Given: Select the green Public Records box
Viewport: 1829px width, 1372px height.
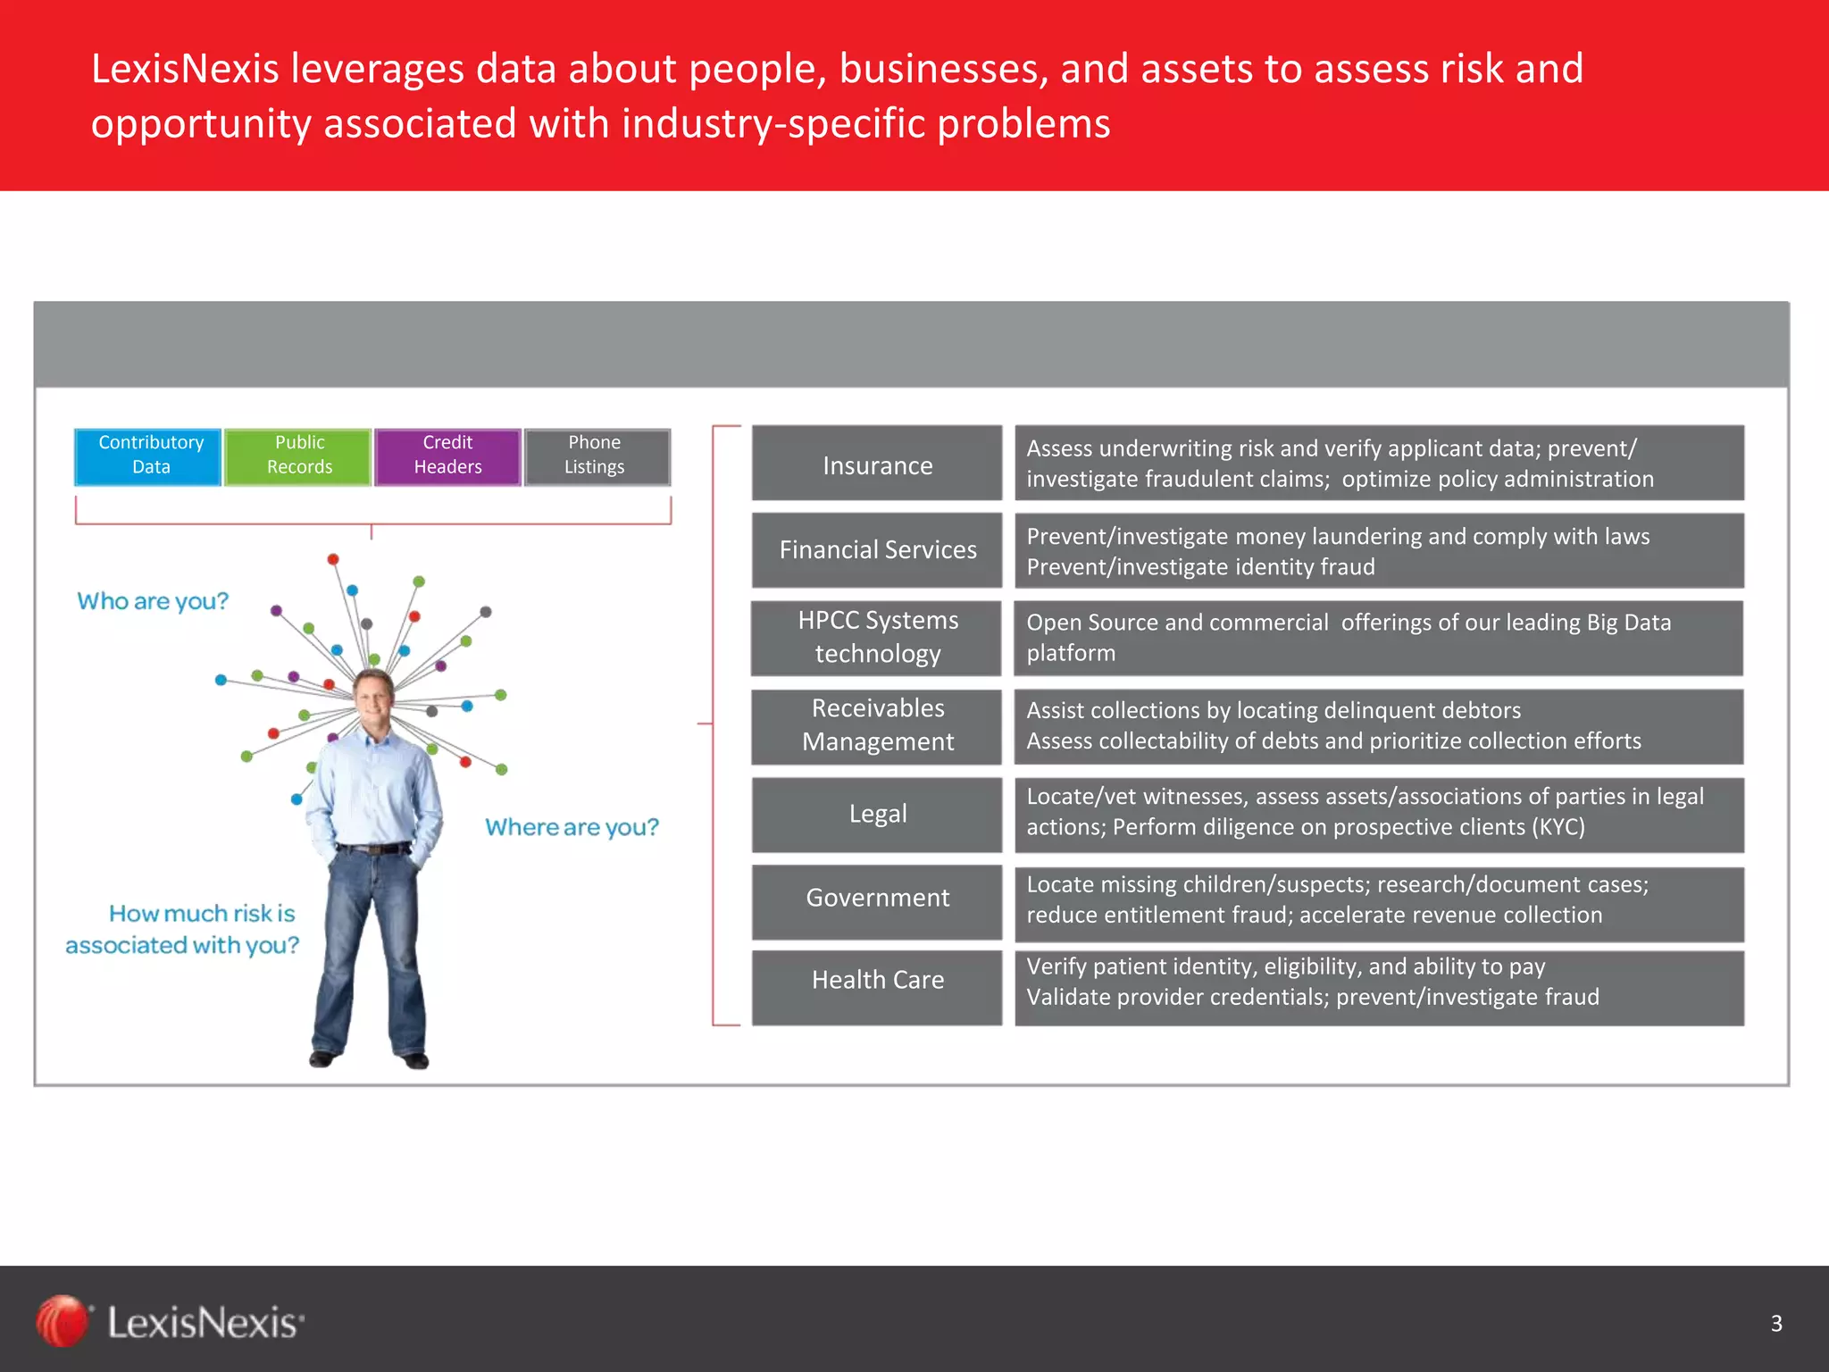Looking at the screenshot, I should (298, 456).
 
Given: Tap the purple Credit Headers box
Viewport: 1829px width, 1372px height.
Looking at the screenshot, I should (447, 456).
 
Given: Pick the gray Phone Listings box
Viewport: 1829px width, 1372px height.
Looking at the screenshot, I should (597, 456).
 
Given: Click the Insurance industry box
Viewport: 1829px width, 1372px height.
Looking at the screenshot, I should (877, 464).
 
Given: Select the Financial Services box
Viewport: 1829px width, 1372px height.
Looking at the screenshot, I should (877, 550).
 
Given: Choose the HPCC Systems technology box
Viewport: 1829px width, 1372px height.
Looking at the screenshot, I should (877, 638).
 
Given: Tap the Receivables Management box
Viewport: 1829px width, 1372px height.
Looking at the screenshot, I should (877, 725).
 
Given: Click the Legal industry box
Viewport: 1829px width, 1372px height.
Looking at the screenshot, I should (877, 814).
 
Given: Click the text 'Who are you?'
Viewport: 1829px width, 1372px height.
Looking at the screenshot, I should (153, 601).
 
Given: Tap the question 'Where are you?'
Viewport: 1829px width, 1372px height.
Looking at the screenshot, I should (572, 827).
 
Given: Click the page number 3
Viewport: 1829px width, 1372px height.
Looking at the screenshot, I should (1775, 1323).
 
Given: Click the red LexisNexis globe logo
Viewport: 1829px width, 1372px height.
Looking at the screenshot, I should (63, 1320).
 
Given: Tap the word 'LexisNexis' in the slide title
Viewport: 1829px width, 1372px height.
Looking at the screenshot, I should (185, 70).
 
